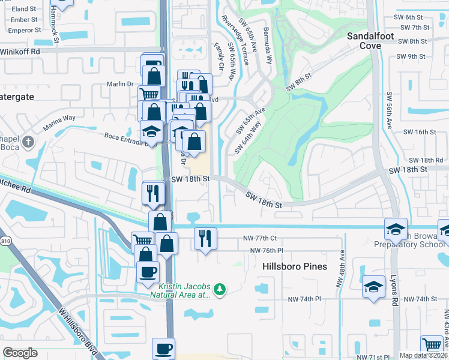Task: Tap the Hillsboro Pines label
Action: click(295, 266)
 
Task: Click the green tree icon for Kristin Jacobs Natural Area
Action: click(220, 289)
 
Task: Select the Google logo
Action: click(20, 353)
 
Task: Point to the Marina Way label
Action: click(59, 123)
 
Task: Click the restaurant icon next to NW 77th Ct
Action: click(205, 238)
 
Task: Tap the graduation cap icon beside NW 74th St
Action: click(374, 286)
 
